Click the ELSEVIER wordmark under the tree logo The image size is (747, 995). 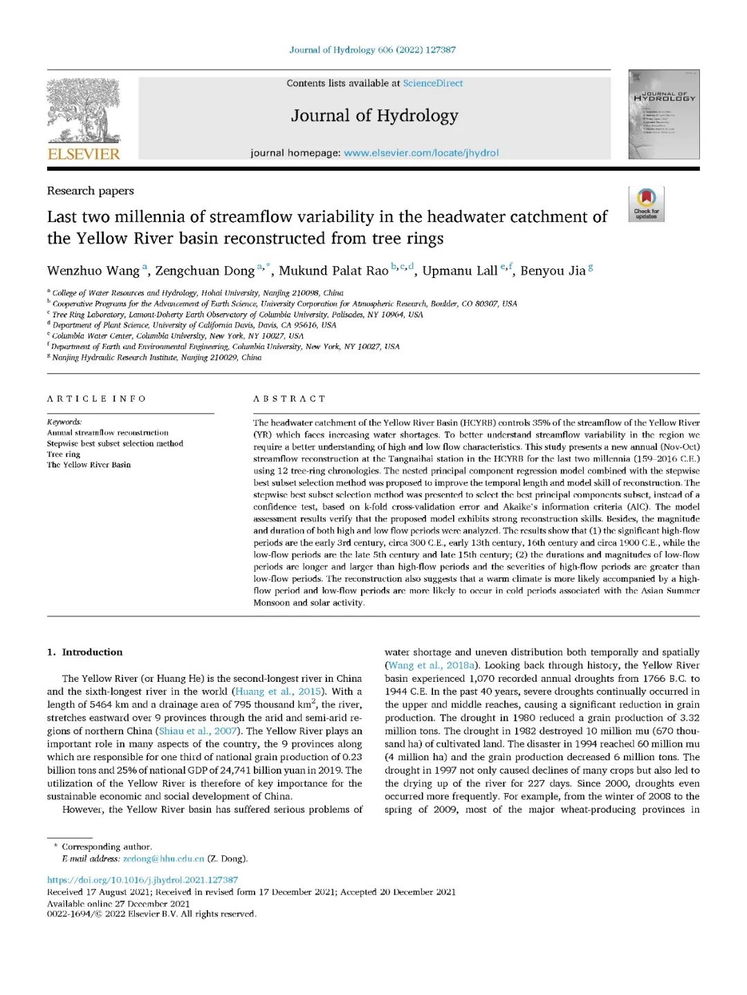pos(84,154)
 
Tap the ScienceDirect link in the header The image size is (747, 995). pos(433,83)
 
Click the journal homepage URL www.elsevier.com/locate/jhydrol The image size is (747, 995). pos(421,153)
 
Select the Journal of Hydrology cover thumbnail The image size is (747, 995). pos(663,114)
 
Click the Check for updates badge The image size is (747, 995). pos(646,204)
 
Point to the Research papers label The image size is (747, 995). pos(91,191)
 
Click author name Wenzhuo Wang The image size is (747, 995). pos(93,270)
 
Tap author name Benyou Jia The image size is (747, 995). pos(553,270)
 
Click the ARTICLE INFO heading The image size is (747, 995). pos(97,398)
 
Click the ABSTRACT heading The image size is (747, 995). pos(289,398)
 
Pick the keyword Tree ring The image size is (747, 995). pos(64,454)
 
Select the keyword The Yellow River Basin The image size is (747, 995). pos(89,465)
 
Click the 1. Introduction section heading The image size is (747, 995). pos(85,652)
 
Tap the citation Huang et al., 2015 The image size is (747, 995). pos(277,691)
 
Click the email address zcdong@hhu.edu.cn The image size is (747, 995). pos(163,859)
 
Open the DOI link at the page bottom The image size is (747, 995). pos(142,880)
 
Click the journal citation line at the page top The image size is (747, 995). pos(373,50)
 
